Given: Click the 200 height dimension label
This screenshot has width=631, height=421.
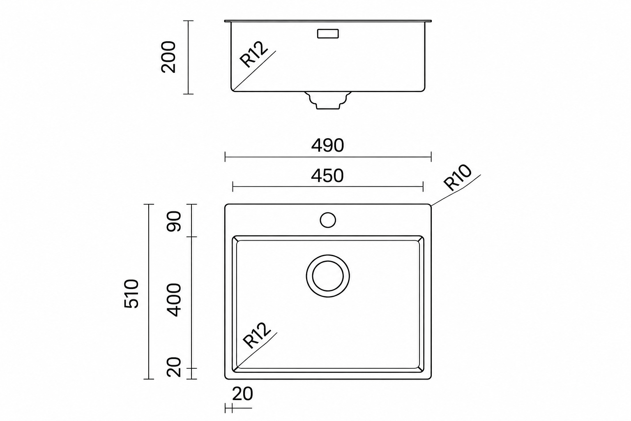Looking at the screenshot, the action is (x=168, y=57).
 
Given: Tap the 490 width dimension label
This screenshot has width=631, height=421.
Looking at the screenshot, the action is (x=327, y=146).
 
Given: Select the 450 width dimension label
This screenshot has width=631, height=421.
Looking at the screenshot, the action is (x=327, y=176).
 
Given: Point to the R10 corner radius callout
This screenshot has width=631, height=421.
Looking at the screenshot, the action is (x=457, y=178).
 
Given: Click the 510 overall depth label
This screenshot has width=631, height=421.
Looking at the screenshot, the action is (x=131, y=294).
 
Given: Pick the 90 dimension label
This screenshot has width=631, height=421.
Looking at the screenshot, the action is (x=173, y=221).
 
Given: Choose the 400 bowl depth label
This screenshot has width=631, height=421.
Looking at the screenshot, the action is (x=173, y=300).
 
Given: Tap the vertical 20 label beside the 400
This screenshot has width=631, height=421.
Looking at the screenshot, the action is (x=173, y=367).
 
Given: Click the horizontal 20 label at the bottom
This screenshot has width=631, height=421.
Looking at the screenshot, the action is (x=242, y=394).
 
